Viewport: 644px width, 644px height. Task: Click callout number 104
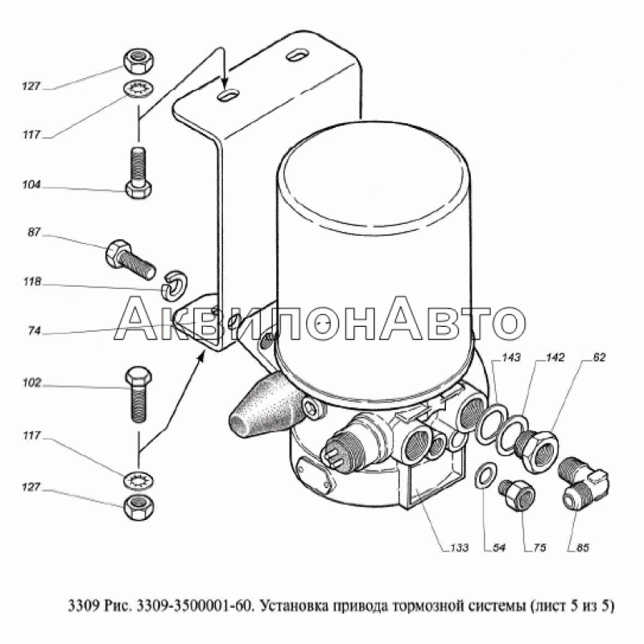(x=31, y=185)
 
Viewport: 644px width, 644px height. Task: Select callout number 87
(x=34, y=233)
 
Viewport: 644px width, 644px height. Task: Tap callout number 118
(x=32, y=282)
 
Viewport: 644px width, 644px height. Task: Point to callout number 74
(x=35, y=331)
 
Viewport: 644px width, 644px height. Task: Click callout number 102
(x=31, y=383)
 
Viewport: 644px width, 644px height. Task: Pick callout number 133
(x=459, y=547)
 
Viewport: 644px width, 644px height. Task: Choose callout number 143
(x=511, y=357)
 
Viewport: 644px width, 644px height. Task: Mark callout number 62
(x=599, y=357)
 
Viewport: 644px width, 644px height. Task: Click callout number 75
(x=539, y=547)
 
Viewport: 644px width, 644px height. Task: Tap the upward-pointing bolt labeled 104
(x=138, y=172)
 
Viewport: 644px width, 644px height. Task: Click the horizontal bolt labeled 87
(x=130, y=258)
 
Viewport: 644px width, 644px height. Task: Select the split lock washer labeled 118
(x=174, y=283)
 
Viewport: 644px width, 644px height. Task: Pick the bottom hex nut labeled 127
(x=138, y=506)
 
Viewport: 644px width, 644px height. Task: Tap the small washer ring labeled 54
(x=486, y=476)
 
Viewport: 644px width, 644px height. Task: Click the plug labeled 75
(x=517, y=494)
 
